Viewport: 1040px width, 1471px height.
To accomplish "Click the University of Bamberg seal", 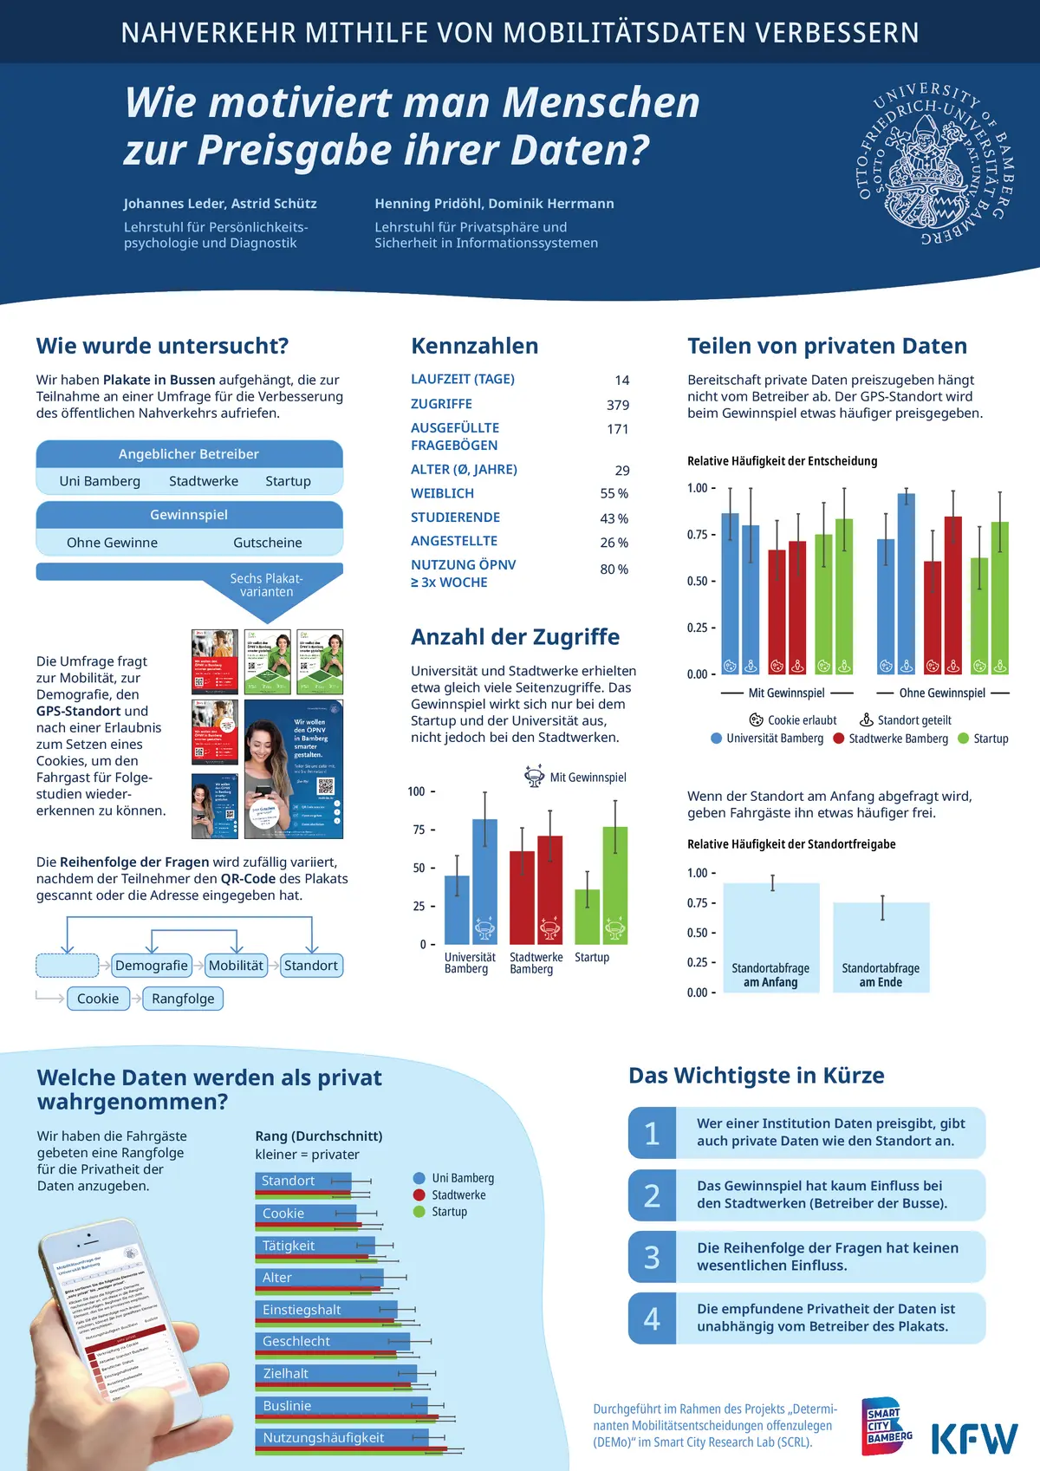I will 934,164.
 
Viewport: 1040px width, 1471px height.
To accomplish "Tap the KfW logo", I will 974,1437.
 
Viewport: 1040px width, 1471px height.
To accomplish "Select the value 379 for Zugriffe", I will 618,405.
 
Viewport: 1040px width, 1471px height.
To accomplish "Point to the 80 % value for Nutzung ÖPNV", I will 614,570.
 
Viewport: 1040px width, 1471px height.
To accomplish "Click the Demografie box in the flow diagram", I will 152,966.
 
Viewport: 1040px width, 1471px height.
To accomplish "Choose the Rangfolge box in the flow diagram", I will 183,999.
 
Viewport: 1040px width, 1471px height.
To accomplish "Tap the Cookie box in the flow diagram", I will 98,999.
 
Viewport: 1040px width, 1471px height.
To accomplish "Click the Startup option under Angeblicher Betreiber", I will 288,481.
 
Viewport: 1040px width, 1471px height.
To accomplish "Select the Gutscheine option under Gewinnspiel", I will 268,543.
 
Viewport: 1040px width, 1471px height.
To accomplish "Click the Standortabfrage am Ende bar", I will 881,947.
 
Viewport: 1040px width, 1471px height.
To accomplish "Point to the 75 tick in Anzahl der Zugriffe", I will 419,830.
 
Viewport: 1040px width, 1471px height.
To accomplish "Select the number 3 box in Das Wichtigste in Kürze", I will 652,1257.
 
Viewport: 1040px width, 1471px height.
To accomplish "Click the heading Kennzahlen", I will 474,346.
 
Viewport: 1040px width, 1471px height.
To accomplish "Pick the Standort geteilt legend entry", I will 906,720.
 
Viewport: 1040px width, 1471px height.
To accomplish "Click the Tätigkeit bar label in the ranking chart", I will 289,1246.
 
